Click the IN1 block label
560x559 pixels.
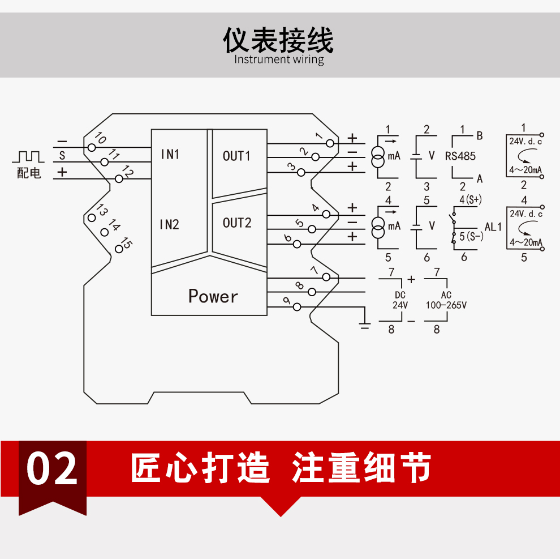point(170,154)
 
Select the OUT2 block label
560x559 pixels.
point(237,223)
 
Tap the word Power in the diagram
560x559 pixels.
point(213,296)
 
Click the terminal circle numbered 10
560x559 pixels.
point(92,147)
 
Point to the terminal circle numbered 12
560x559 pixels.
point(119,179)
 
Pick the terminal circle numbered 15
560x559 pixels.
point(119,249)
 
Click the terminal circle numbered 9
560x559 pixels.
point(297,306)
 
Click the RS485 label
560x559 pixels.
point(460,156)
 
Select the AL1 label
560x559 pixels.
point(493,227)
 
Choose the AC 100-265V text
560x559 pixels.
point(446,300)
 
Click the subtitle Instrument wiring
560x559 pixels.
point(279,59)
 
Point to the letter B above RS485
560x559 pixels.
point(480,135)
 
